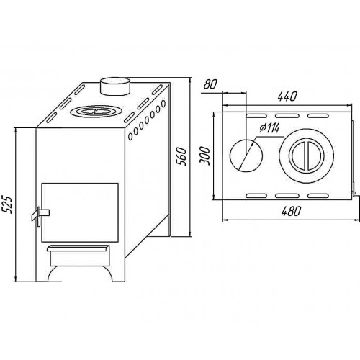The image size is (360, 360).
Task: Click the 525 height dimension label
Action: pyautogui.click(x=7, y=204)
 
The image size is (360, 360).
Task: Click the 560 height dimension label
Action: pyautogui.click(x=181, y=156)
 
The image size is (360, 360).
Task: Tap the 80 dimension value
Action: pyautogui.click(x=210, y=84)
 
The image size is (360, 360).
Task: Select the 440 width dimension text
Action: pyautogui.click(x=287, y=96)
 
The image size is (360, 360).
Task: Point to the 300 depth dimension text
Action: pyautogui.click(x=205, y=156)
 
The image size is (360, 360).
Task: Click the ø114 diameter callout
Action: pyautogui.click(x=269, y=128)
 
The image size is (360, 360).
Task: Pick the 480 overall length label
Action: pyautogui.click(x=291, y=211)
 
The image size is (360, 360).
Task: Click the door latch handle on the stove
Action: pyautogui.click(x=40, y=214)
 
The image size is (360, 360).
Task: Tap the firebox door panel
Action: pyautogui.click(x=80, y=212)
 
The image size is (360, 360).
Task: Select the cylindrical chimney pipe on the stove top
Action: pyautogui.click(x=115, y=86)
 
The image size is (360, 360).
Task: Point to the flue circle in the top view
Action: pyautogui.click(x=246, y=156)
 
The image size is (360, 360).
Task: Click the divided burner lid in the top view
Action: pyautogui.click(x=306, y=156)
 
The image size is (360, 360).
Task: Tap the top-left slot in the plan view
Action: pyautogui.click(x=256, y=116)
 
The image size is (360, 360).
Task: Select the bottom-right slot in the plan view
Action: pyautogui.click(x=318, y=196)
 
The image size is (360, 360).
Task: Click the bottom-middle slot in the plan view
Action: pyautogui.click(x=286, y=196)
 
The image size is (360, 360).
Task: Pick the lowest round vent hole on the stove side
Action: pyautogui.click(x=130, y=137)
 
